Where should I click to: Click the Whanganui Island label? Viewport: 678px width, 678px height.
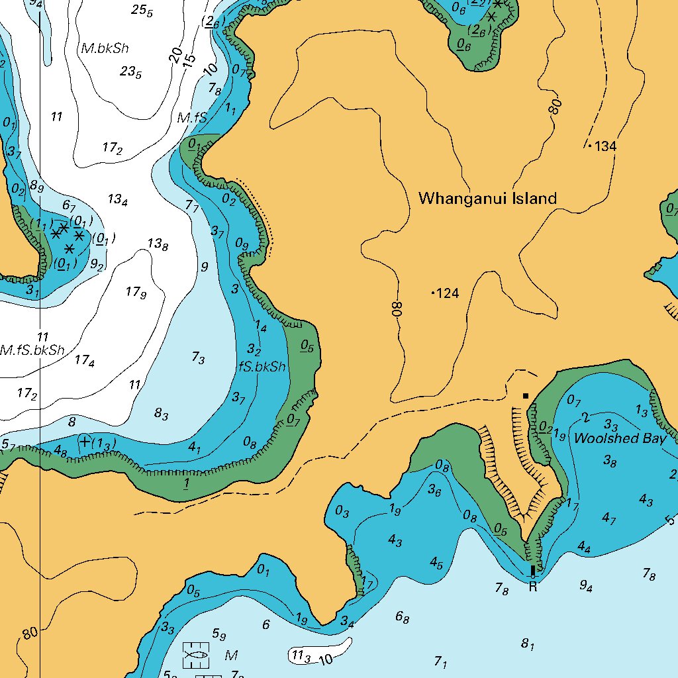(487, 198)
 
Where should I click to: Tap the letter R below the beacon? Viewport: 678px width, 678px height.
(532, 587)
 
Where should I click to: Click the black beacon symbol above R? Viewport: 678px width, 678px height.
(533, 570)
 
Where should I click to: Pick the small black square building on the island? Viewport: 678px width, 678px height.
(526, 396)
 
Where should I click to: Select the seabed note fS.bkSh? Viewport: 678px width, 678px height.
(262, 367)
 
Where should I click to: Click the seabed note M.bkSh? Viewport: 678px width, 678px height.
(104, 48)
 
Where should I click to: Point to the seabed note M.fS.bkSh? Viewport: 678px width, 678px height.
(32, 350)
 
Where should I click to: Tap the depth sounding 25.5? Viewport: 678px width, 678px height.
(142, 10)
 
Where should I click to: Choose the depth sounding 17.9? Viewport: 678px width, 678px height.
(135, 291)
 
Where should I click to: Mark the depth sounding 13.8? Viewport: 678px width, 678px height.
(158, 244)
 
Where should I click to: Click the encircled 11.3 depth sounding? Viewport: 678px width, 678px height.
(301, 655)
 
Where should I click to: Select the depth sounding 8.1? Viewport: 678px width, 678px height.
(527, 643)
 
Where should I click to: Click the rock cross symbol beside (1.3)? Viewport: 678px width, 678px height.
(85, 441)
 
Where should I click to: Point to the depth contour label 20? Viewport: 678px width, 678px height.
(175, 56)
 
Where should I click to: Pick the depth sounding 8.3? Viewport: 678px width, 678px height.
(161, 414)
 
